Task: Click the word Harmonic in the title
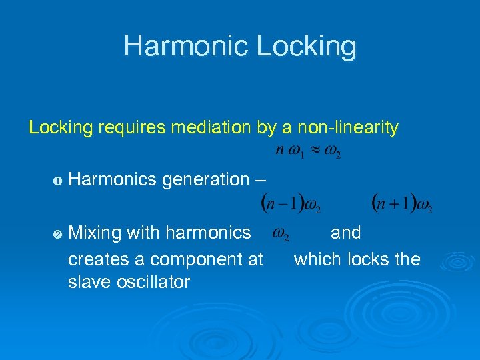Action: point(183,46)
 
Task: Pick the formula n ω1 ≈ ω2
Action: point(309,150)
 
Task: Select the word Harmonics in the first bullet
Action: point(113,179)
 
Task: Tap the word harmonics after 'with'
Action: point(208,233)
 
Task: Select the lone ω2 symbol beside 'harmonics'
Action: point(283,235)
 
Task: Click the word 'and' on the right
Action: point(345,233)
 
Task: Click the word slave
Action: point(88,282)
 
